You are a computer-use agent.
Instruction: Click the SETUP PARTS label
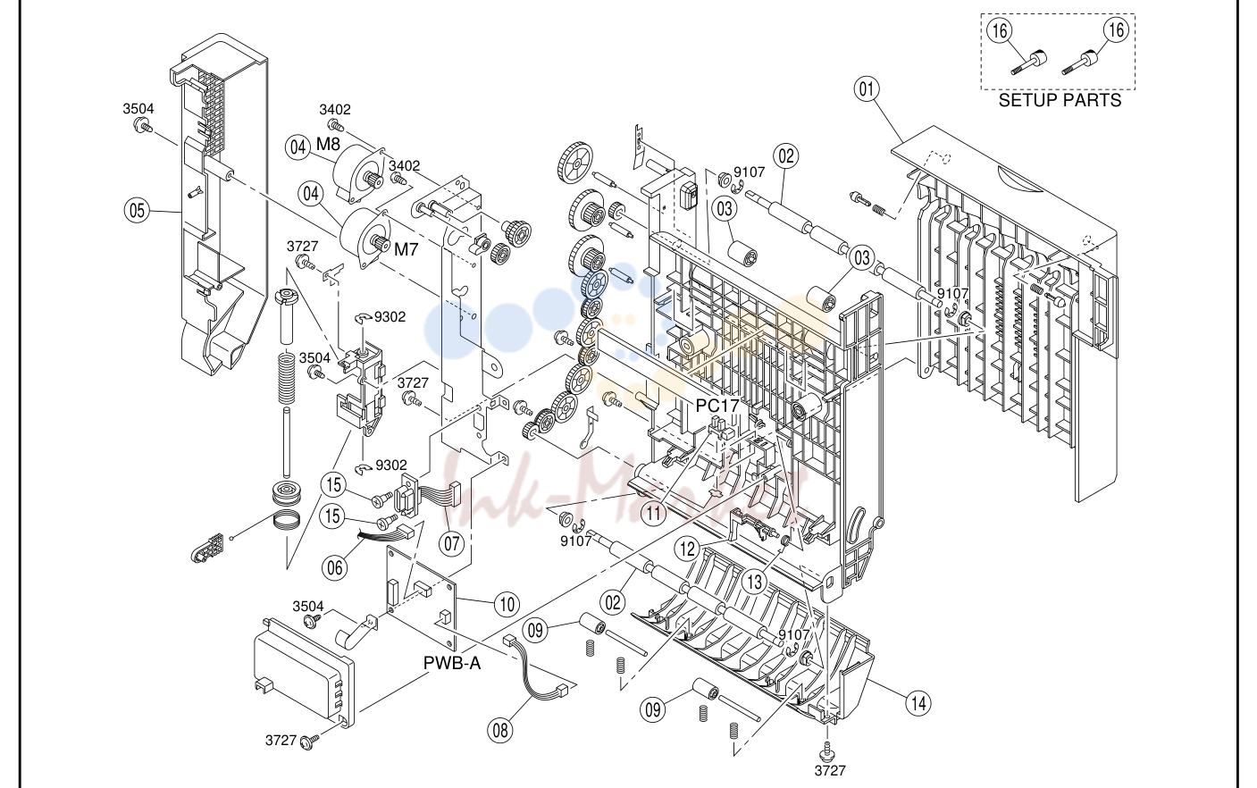(x=1060, y=100)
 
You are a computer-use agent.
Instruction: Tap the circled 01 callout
(x=867, y=89)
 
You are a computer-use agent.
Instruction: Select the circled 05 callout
(x=137, y=211)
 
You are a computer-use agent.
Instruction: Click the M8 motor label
(x=328, y=144)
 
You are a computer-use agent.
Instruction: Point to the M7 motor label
(x=406, y=249)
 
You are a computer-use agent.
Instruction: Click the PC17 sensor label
(x=717, y=406)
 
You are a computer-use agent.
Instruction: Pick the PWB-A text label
(x=452, y=664)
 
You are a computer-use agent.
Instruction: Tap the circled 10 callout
(x=507, y=605)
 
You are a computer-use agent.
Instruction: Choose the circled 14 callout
(x=918, y=703)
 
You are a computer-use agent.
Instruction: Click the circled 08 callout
(x=500, y=730)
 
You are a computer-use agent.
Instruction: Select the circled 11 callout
(x=654, y=513)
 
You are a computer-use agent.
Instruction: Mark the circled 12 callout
(x=687, y=549)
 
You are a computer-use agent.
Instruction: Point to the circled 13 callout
(x=755, y=582)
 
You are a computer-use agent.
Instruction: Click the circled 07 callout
(x=452, y=542)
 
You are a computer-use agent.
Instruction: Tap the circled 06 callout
(x=334, y=568)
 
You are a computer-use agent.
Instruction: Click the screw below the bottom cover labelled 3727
(x=828, y=750)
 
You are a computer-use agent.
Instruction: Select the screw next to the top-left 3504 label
(x=143, y=125)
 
